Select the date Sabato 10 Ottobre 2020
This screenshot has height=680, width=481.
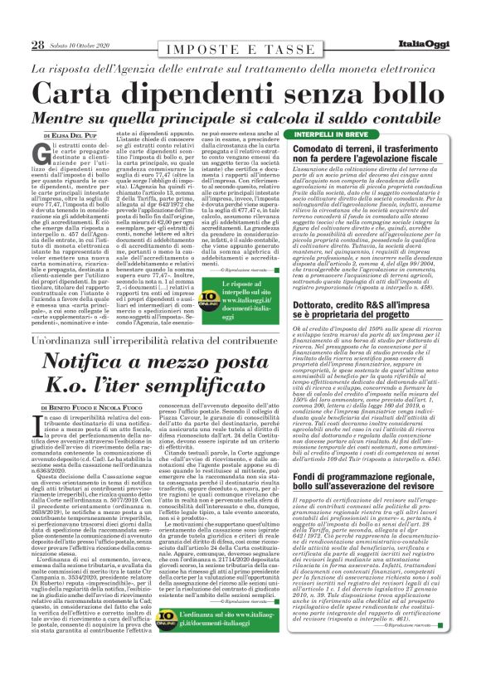pos(80,46)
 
